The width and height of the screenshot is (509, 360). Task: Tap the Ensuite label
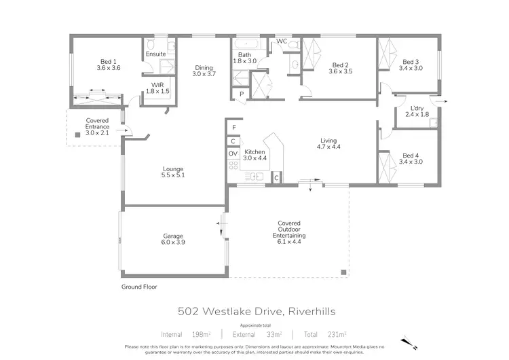coord(155,54)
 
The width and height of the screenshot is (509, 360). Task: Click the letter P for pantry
coord(241,93)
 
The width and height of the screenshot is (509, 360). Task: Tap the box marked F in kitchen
coord(233,127)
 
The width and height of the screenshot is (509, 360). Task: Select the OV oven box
coord(233,154)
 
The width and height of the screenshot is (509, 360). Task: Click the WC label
coord(280,42)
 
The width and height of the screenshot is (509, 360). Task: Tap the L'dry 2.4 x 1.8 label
coord(417,111)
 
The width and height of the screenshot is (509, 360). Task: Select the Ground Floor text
coord(139,287)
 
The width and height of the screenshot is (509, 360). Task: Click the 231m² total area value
coord(334,334)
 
